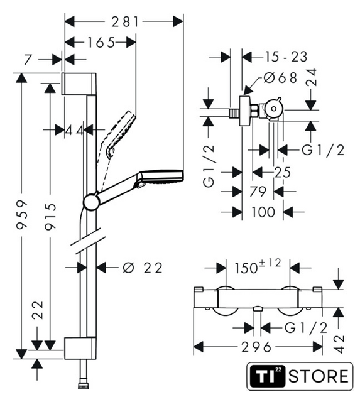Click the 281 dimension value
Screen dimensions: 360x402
[125, 22]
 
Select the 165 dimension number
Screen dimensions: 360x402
[101, 43]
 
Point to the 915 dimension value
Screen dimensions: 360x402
[50, 216]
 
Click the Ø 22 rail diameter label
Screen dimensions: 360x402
[143, 268]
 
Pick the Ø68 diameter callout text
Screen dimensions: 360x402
[280, 77]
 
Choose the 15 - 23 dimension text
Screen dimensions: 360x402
[286, 57]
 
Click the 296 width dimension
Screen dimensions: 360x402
[256, 347]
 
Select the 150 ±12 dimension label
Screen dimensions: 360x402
[258, 266]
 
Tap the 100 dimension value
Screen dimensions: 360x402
[263, 212]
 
